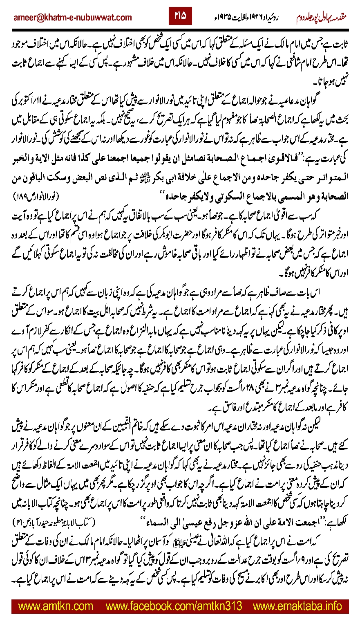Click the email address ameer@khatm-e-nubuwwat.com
click(73, 17)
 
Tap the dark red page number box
click(180, 16)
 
